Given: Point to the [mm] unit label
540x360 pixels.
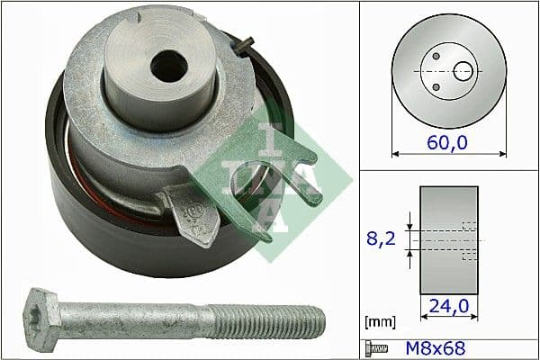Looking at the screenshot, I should click(378, 320).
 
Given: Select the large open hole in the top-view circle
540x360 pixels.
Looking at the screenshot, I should click(464, 70).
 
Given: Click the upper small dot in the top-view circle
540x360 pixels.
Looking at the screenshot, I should click(436, 56).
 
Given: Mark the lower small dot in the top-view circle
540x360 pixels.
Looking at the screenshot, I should click(436, 86).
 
